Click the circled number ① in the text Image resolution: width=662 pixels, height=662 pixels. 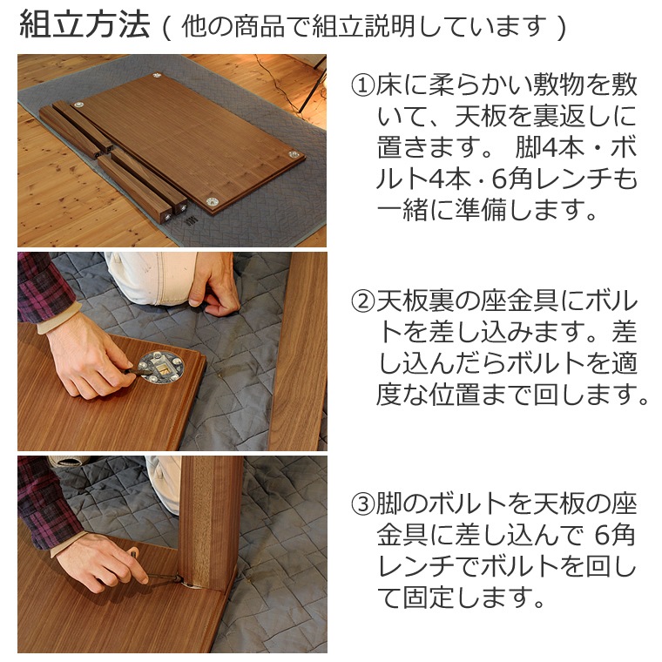click(x=362, y=85)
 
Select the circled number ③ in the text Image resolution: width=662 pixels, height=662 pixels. click(x=362, y=503)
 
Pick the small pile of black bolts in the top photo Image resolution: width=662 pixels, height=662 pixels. click(x=191, y=223)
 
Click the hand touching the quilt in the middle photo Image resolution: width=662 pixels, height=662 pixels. click(x=213, y=280)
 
